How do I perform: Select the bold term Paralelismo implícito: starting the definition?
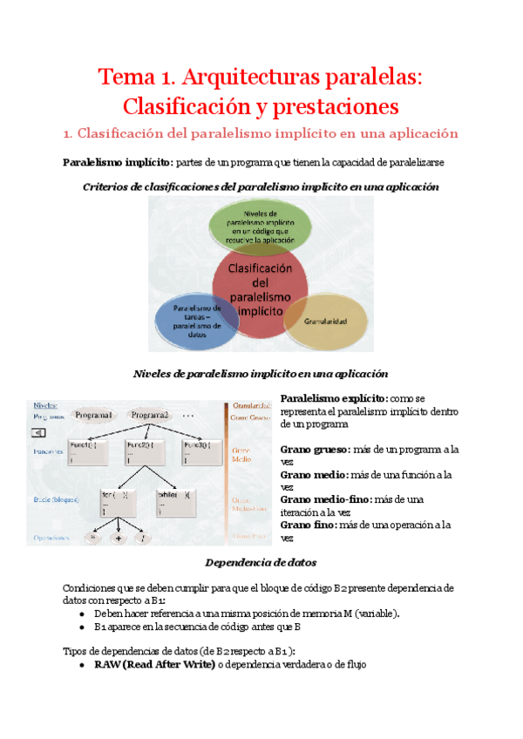coord(119,162)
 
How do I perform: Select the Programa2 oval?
coord(150,415)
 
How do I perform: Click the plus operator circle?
coord(118,538)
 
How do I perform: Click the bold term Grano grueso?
coord(314,450)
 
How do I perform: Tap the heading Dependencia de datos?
coord(261,562)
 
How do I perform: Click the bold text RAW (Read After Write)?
coord(155,664)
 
